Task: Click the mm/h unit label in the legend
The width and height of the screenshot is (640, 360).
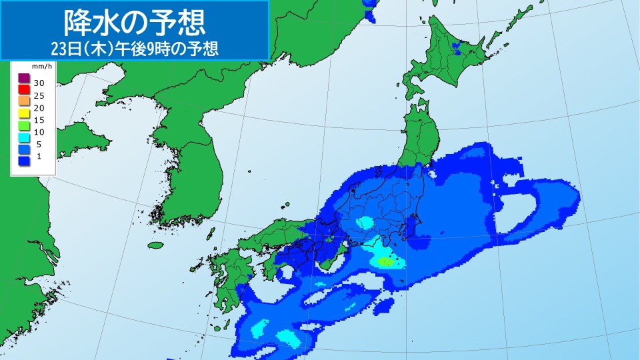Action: pos(42,67)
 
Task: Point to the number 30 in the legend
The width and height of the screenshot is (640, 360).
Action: pos(39,83)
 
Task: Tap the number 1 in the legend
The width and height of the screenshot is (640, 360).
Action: pos(39,156)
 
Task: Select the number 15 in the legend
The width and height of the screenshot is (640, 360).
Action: pos(39,119)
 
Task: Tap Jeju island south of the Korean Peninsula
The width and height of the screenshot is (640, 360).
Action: pos(156,245)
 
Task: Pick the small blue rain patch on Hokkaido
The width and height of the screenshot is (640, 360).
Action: pos(457,47)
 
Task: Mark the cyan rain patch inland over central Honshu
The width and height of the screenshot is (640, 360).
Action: pos(364,222)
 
